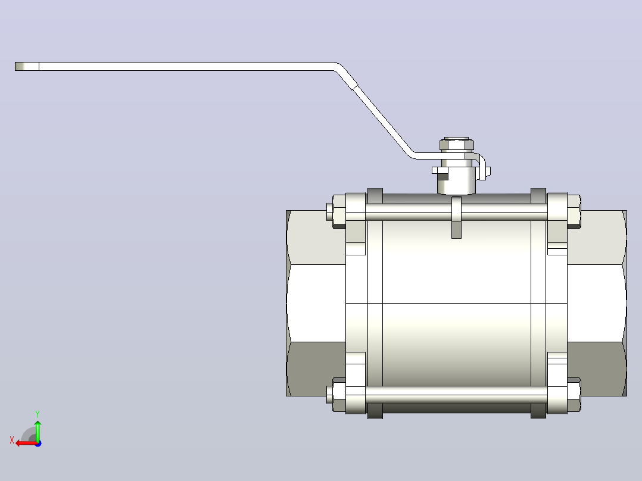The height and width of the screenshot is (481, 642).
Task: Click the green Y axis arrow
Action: (x=38, y=430)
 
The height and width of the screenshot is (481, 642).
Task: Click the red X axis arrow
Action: (x=27, y=443)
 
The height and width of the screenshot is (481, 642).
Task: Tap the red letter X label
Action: (x=12, y=441)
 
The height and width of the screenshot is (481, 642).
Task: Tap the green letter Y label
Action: (x=38, y=414)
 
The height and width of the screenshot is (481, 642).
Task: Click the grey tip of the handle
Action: (x=27, y=66)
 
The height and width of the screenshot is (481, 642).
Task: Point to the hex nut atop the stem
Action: (x=457, y=145)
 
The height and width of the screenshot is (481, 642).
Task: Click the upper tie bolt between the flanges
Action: (x=456, y=212)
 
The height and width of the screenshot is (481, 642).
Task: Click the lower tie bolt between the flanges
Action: (x=456, y=395)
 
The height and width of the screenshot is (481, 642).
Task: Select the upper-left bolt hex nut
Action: (x=339, y=212)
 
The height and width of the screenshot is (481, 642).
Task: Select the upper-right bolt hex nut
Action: (x=574, y=212)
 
